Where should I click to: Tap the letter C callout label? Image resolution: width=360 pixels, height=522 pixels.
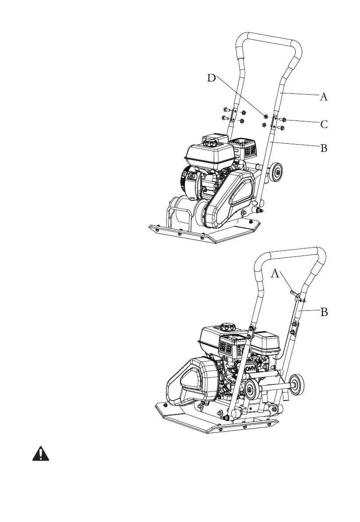pyautogui.click(x=324, y=124)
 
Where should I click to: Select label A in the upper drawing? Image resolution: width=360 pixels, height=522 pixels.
pyautogui.click(x=323, y=97)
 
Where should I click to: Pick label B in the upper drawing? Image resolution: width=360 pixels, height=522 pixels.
pyautogui.click(x=324, y=148)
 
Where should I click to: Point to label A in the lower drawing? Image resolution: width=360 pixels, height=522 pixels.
pyautogui.click(x=275, y=274)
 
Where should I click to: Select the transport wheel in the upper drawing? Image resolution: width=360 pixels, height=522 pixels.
pyautogui.click(x=275, y=172)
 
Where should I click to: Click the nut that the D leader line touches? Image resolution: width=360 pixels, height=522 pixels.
pyautogui.click(x=265, y=116)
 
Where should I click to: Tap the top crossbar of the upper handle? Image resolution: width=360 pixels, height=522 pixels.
pyautogui.click(x=267, y=36)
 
